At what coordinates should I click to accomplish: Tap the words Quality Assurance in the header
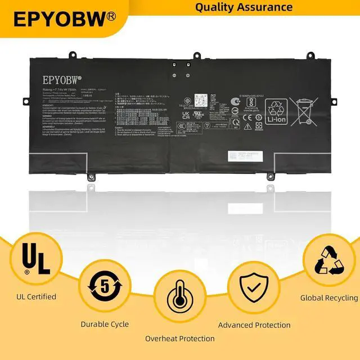(244, 7)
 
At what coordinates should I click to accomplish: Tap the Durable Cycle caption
(105, 324)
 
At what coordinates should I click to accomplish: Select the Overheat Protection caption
(180, 339)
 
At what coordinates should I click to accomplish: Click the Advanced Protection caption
(254, 325)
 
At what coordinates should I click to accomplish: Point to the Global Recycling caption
(329, 298)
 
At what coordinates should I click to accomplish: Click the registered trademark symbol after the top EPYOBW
(111, 16)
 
